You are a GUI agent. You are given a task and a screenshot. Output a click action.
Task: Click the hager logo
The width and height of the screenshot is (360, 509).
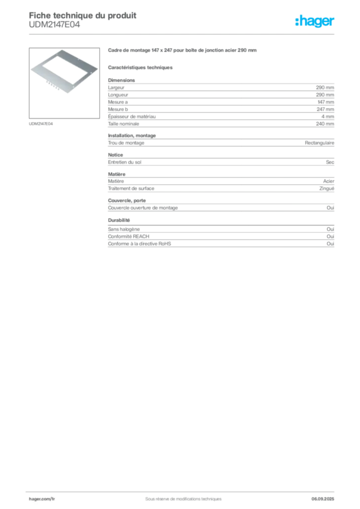point(315,21)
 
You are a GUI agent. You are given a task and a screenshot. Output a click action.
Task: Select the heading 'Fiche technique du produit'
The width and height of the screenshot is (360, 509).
point(83,15)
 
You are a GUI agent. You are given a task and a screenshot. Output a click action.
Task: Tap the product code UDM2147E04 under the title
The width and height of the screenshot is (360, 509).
point(54,25)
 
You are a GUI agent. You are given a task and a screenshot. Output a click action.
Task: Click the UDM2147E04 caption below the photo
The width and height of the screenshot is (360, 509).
point(41,124)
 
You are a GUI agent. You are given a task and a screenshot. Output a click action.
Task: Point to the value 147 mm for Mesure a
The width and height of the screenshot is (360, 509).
point(326,102)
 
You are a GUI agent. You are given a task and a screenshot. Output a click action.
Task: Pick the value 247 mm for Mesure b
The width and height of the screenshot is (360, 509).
point(325,109)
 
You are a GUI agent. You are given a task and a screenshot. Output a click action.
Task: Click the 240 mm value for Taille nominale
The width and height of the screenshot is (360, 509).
point(325,124)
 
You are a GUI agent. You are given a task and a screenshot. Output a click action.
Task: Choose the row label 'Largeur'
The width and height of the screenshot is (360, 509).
point(116,87)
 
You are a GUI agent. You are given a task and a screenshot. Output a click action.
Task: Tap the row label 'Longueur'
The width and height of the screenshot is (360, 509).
point(118,95)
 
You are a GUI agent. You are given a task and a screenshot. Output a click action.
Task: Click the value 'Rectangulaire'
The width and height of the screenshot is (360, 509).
point(319,143)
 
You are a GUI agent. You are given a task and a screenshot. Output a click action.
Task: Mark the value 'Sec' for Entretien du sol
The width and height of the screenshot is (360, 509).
point(330,162)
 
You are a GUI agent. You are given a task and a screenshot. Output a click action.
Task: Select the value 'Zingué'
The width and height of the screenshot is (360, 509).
point(327,188)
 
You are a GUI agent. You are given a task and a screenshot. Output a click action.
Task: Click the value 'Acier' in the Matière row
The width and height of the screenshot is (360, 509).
point(329,181)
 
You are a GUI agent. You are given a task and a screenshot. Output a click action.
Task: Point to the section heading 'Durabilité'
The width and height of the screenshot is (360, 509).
point(119,220)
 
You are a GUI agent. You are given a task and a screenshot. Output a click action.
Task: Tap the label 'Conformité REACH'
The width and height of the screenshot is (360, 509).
point(129,236)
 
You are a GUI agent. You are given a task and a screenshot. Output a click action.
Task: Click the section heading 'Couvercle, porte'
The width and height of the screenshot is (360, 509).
point(127,201)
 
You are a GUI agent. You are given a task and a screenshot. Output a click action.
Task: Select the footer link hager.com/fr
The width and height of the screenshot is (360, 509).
point(42,499)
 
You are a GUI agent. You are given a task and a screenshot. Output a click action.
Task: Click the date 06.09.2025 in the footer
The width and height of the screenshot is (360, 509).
point(323,499)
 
